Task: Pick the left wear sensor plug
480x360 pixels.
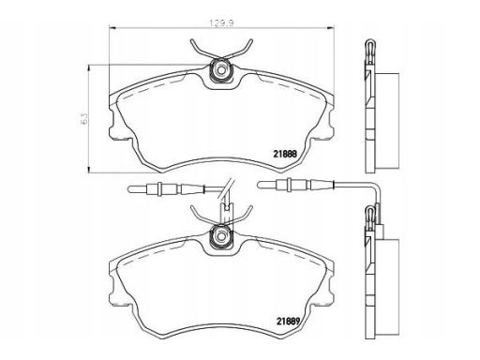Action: point(149,191)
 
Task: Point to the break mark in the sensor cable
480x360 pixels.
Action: point(226,192)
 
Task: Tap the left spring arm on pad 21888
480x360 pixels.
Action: point(199,49)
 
